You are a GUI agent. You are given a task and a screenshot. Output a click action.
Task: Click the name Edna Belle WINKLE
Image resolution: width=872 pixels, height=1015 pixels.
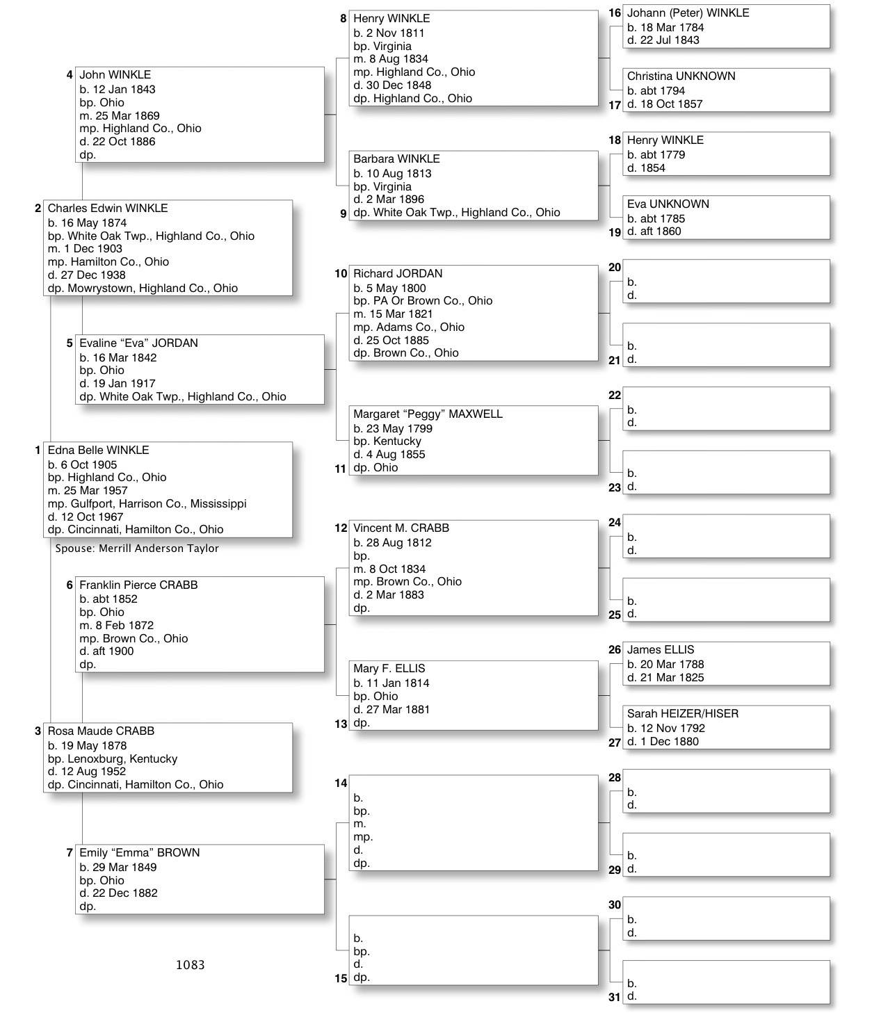[98, 450]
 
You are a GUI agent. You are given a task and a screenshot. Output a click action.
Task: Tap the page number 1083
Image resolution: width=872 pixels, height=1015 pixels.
[190, 965]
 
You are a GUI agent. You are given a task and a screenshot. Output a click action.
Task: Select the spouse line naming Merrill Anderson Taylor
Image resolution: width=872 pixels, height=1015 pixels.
[137, 549]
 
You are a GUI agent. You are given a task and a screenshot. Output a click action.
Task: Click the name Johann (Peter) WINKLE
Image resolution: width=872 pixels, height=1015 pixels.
[688, 13]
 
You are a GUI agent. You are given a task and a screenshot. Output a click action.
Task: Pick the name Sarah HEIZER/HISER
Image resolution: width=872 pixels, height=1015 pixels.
[682, 714]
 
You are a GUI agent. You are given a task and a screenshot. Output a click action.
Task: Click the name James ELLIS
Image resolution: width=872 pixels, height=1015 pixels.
[660, 650]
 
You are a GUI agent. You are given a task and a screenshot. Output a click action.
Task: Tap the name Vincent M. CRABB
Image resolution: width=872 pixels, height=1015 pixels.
[401, 528]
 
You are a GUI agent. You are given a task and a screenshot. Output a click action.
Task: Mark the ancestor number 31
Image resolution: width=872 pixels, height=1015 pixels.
[614, 998]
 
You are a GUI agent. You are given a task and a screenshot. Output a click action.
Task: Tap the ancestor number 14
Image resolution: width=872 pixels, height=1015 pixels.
[340, 783]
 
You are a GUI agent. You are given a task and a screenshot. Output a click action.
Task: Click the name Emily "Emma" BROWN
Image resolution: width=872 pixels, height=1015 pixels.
[139, 853]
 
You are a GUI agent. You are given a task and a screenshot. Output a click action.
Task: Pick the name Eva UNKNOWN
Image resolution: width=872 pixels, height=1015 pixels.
[668, 204]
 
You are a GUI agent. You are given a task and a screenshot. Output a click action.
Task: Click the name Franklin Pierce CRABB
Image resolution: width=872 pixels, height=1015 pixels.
[138, 585]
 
